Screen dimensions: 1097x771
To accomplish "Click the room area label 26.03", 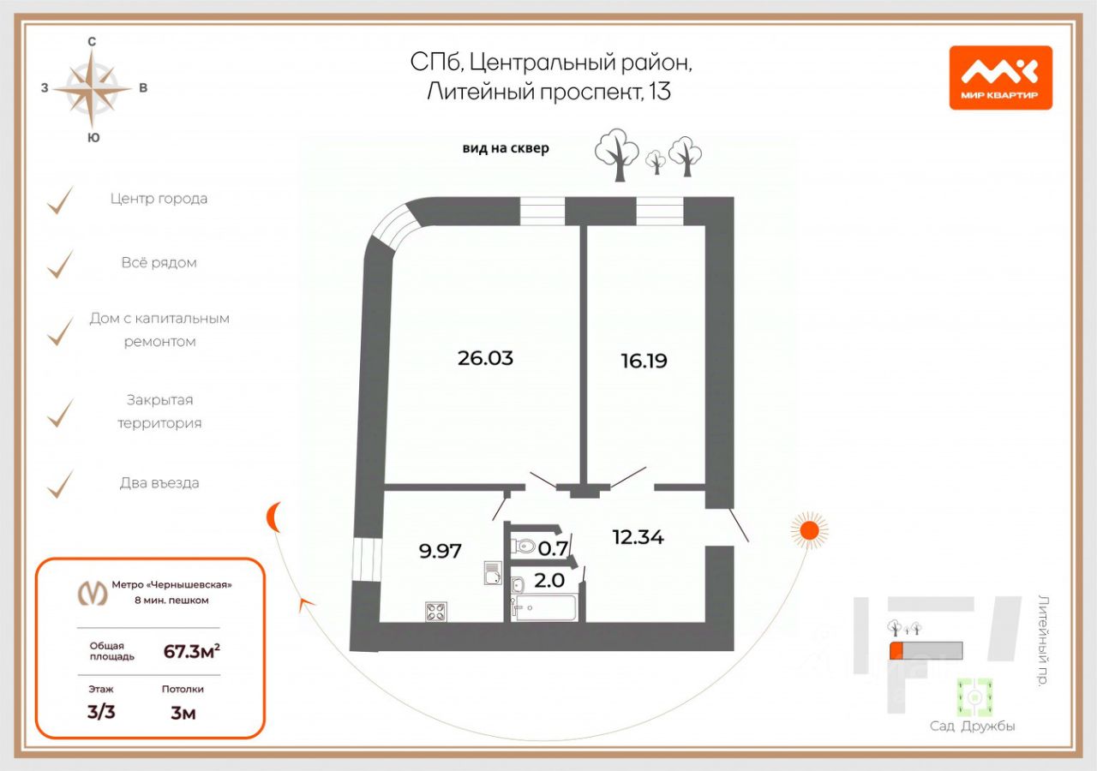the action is pos(485,358).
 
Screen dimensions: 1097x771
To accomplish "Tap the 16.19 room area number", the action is pos(644,361).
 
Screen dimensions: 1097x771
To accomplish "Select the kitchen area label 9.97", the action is pos(441,551).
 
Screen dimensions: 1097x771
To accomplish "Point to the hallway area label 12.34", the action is pos(638,537).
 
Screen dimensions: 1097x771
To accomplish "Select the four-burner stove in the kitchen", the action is pos(435,611).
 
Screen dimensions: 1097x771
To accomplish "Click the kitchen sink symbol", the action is pos(492,571).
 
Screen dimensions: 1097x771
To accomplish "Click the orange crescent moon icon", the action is pos(273,517).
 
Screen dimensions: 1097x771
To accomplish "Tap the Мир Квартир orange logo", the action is pos(1000,78).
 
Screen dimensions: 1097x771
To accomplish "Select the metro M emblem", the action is pos(93,592).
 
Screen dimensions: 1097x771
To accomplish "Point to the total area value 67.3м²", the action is pos(191,651).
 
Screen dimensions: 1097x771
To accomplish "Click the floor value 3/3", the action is pos(101,712).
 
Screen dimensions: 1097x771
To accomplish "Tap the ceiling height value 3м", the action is pos(183,712).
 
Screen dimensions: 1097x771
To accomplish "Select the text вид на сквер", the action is pos(506,148).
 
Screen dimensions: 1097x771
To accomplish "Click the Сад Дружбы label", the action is pos(973,726).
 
